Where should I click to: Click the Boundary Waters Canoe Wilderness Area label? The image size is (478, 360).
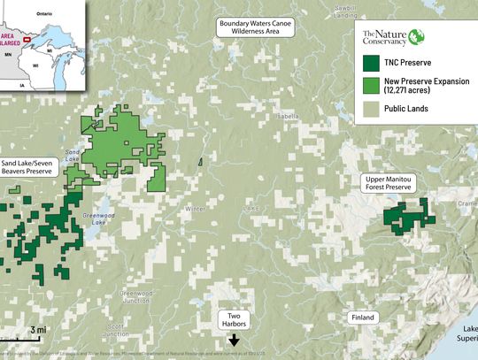click(x=254, y=27)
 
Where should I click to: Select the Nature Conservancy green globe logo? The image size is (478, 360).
click(x=417, y=37)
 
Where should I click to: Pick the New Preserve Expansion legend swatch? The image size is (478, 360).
click(x=371, y=87)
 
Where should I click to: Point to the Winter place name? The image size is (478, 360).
click(x=195, y=209)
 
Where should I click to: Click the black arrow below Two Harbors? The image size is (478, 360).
click(x=234, y=338)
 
